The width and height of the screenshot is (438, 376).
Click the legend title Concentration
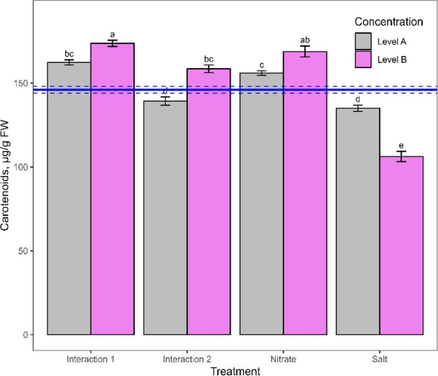click(x=388, y=22)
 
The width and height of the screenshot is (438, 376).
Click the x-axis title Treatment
click(x=235, y=371)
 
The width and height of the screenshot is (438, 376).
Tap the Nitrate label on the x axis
click(x=283, y=359)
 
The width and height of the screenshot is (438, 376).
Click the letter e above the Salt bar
click(x=401, y=145)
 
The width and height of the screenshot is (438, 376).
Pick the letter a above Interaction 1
click(x=112, y=35)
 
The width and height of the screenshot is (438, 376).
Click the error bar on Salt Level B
click(x=401, y=157)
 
